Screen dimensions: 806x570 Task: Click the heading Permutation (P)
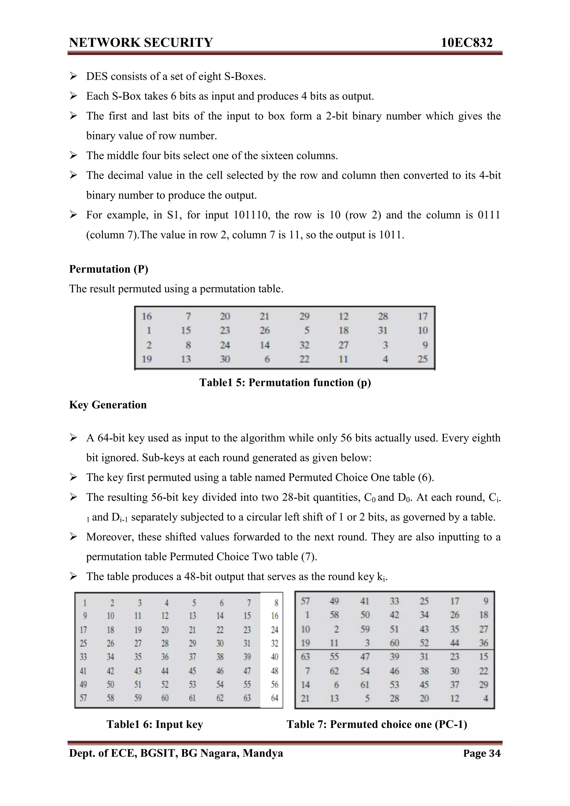coord(109,269)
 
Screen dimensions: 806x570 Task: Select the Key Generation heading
coord(108,405)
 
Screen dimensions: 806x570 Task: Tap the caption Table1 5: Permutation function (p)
coord(285,382)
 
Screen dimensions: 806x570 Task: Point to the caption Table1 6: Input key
coord(154,724)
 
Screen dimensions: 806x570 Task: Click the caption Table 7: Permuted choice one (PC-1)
coord(377,724)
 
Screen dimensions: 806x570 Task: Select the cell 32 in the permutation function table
coord(304,345)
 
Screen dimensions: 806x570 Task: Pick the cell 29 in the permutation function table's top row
coord(304,316)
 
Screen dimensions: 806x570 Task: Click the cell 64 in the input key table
coord(274,698)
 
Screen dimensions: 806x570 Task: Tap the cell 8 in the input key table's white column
coord(276,603)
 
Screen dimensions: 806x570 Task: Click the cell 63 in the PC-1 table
coord(305,656)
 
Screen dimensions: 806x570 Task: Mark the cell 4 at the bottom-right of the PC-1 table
coord(485,698)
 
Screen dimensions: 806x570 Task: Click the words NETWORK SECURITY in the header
coord(141,43)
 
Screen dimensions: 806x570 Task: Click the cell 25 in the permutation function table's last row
coord(422,359)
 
